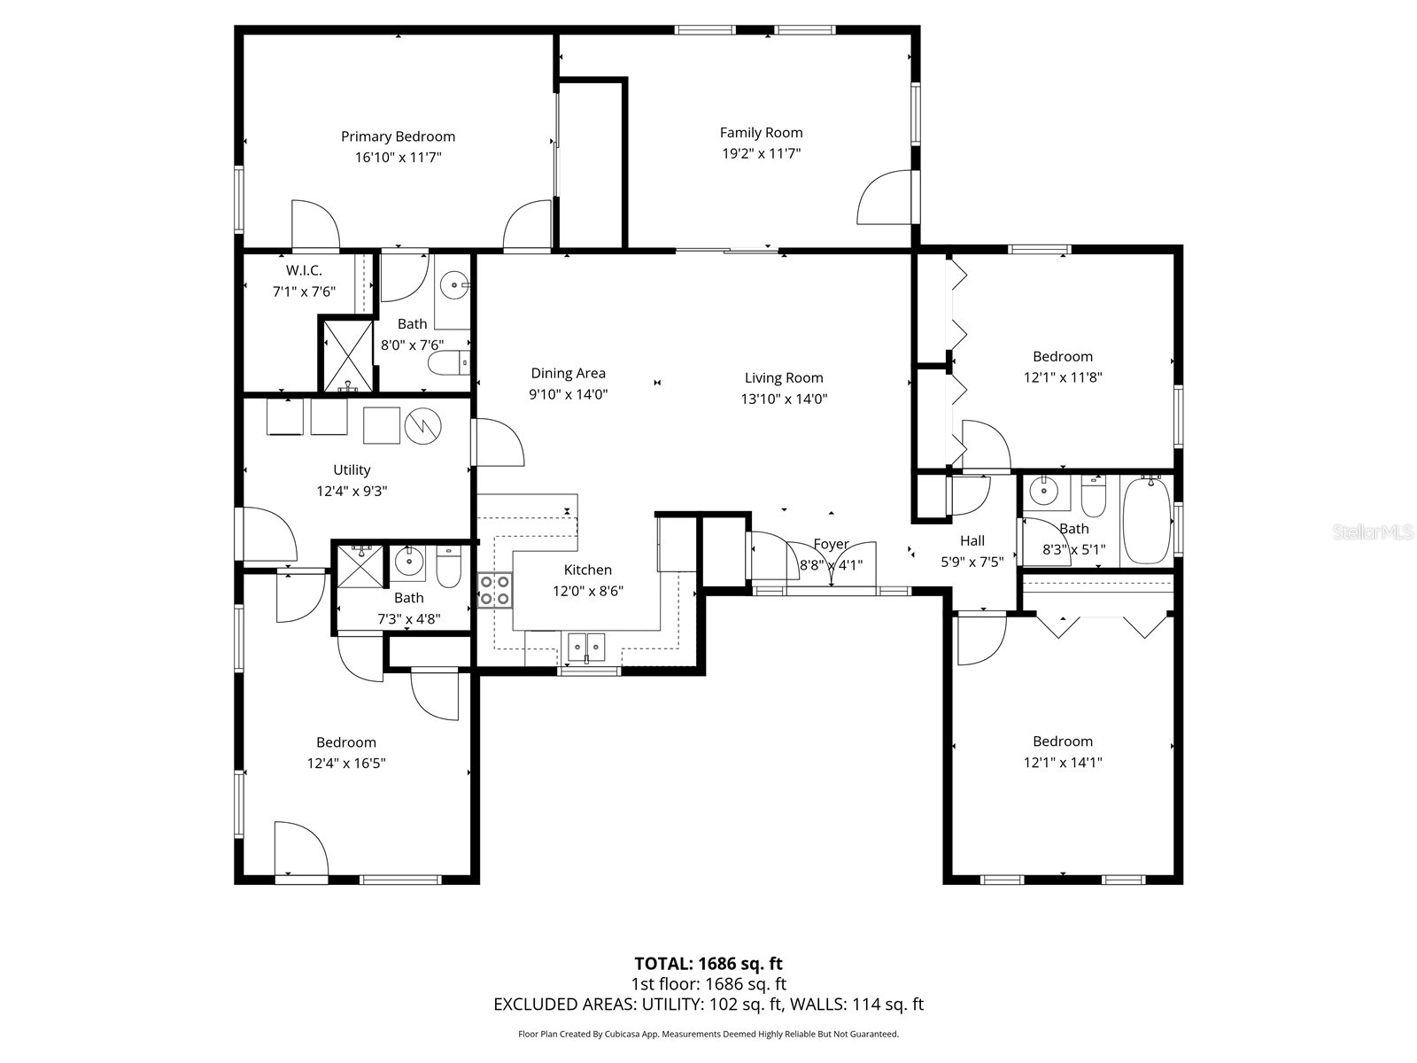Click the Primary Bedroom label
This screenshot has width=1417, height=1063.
(x=398, y=136)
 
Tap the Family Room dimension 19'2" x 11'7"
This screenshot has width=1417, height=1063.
(x=761, y=153)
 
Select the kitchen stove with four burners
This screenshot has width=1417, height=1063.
(x=495, y=590)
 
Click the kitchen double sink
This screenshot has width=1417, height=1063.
(x=586, y=647)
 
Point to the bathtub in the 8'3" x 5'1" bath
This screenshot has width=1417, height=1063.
(x=1146, y=521)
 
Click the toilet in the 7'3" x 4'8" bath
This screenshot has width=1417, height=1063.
(x=449, y=568)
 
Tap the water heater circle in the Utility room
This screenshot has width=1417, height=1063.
(x=423, y=426)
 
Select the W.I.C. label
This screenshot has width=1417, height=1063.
(x=304, y=270)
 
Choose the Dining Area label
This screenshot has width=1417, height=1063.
(x=568, y=373)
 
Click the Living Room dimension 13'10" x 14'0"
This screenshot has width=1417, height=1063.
(x=784, y=399)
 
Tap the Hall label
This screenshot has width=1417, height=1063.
(x=972, y=540)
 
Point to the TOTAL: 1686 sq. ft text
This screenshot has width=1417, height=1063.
(x=708, y=963)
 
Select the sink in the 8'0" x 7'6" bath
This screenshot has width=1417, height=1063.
(x=455, y=285)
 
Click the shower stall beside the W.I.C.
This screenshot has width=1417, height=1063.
(x=347, y=356)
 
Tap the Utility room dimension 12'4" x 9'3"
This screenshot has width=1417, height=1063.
(x=352, y=491)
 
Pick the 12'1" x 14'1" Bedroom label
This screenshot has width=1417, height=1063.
(x=1062, y=741)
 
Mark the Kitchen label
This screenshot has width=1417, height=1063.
(x=587, y=570)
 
